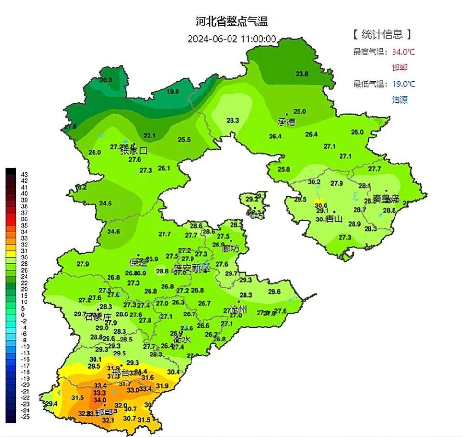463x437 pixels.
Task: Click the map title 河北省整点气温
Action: pos(231,21)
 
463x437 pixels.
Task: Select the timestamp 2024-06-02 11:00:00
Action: pos(231,39)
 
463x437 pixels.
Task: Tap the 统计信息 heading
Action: pos(381,34)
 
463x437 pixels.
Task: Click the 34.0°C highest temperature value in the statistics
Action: pos(403,52)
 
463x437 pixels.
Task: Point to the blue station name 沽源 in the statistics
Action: pos(399,100)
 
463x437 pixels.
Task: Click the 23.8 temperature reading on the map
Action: pos(302,74)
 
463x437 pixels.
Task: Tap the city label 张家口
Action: pos(133,150)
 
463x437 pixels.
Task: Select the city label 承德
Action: pos(286,122)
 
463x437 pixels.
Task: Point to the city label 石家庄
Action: pos(98,317)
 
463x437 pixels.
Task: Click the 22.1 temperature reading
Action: pos(150,135)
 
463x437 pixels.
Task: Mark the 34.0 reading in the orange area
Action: pos(100,400)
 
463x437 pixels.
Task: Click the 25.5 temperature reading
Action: pos(184,140)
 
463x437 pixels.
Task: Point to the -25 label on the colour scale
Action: pos(24,416)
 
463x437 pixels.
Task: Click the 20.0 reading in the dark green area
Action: pos(106,80)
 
